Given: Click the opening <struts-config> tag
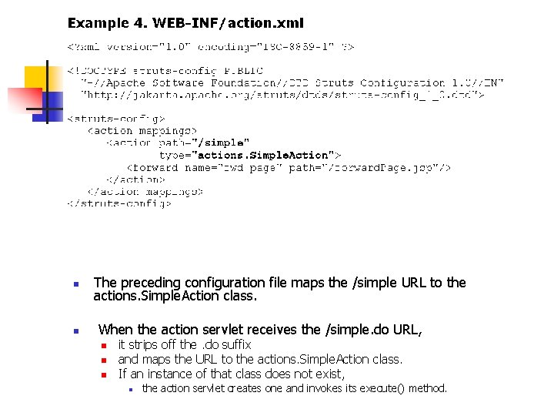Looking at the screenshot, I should coord(116,119).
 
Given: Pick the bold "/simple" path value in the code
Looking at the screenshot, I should coord(223,143).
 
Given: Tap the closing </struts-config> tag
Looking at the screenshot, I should coord(119,203).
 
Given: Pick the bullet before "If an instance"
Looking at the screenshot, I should coord(102,375).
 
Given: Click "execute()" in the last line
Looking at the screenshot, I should coord(362,388).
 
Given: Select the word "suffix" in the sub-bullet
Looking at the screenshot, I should coord(234,344).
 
